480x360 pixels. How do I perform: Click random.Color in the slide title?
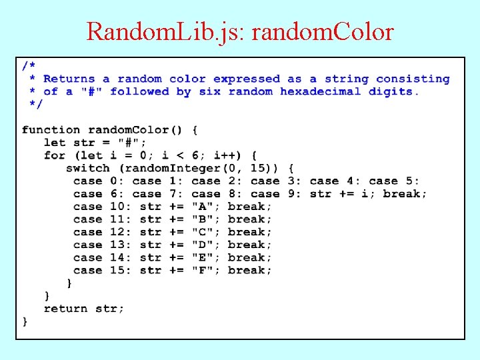[x=321, y=31]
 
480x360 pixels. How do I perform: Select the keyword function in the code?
[x=51, y=130]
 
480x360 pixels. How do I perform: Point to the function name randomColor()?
[x=136, y=130]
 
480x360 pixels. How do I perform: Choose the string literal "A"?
[x=202, y=207]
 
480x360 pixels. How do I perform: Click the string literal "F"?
[x=202, y=271]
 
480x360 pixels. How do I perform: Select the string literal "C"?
[x=202, y=232]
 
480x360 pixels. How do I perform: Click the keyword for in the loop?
[x=55, y=155]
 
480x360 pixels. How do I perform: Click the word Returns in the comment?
[x=69, y=79]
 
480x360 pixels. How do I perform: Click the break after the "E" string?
[x=249, y=258]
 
